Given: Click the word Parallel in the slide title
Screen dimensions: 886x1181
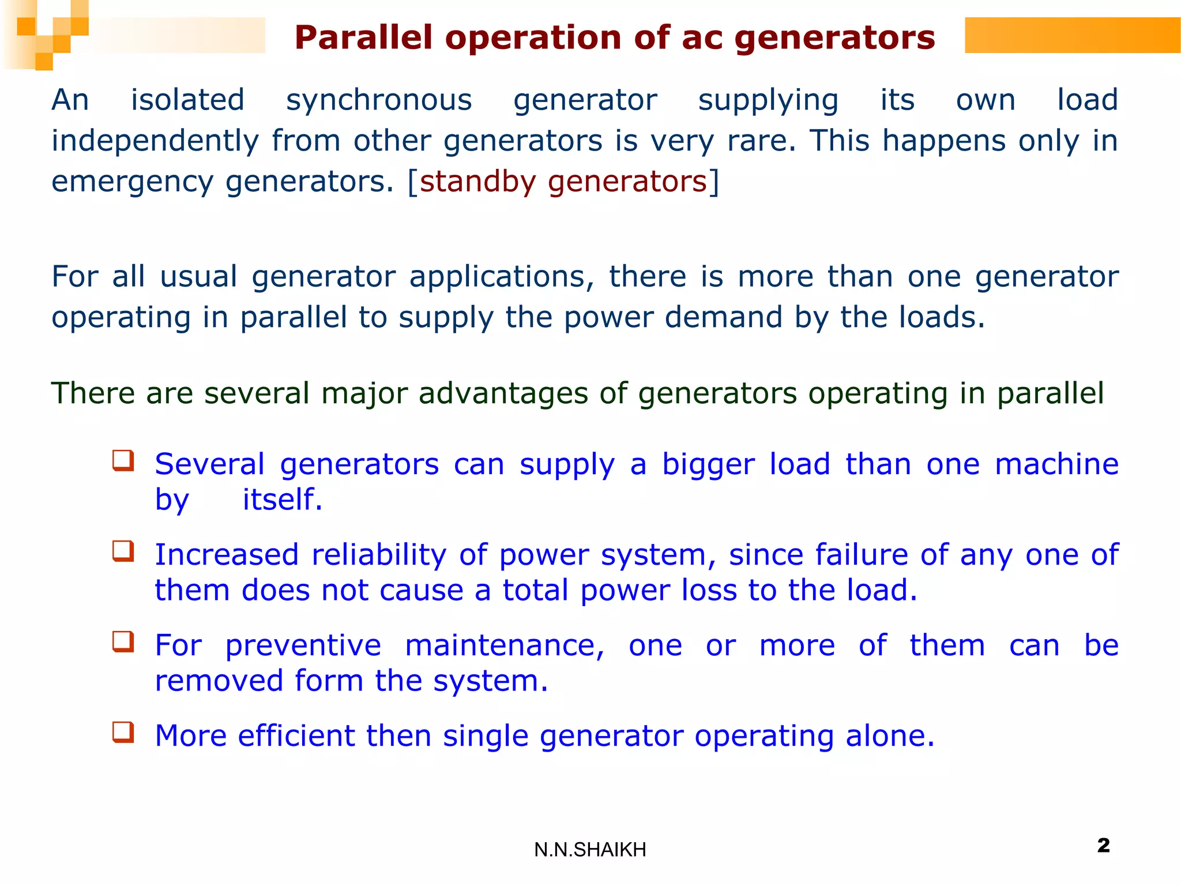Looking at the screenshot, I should pos(363,38).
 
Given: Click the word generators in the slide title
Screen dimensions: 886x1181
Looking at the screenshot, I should pos(834,38).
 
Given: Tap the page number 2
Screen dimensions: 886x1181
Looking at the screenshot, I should pos(1103,845).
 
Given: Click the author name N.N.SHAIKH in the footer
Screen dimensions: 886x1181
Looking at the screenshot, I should pos(590,850).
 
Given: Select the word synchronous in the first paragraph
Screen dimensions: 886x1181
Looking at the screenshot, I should pos(379,100).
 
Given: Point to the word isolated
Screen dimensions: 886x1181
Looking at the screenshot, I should pos(187,100).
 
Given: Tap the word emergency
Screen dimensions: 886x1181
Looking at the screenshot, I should pos(132,183).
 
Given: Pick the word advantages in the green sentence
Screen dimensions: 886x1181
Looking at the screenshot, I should pos(503,394).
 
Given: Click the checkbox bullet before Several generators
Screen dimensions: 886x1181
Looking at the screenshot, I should pos(123,460).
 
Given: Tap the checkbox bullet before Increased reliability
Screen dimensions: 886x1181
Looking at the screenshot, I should pos(123,551).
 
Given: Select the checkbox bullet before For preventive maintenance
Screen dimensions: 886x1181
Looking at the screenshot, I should pos(123,641).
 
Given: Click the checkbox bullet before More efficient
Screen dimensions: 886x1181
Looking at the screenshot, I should pos(123,732).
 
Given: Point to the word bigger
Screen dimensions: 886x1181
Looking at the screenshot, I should pos(708,465).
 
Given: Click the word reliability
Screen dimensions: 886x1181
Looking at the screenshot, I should pos(379,555).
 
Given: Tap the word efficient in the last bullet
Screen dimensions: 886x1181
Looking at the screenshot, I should pos(296,736).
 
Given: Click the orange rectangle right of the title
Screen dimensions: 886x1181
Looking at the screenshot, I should pos(1073,35).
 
